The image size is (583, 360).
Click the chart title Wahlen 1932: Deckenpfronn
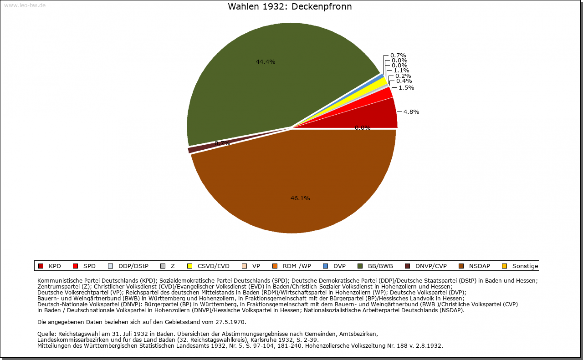point(290,7)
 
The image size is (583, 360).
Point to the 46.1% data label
point(300,198)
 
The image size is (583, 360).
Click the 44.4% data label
point(266,62)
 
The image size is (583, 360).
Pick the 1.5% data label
point(406,88)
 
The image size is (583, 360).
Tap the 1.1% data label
point(401,71)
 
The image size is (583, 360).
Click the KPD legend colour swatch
point(41,266)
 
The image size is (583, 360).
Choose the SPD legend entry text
point(89,266)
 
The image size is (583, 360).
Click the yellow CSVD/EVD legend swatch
point(189,266)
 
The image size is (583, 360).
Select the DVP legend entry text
point(339,266)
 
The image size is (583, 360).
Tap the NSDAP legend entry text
point(480,266)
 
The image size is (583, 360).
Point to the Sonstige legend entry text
point(525,266)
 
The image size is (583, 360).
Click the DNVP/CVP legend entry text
point(431,266)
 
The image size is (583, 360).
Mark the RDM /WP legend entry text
point(297,266)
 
